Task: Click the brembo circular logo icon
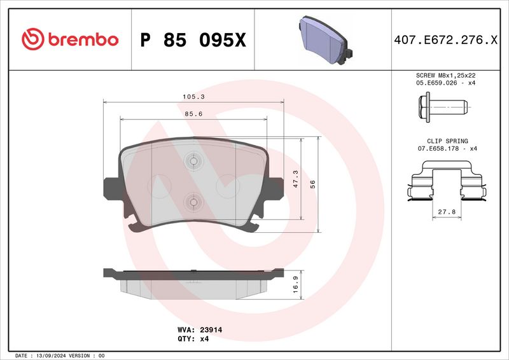(x=31, y=39)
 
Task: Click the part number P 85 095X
(x=192, y=40)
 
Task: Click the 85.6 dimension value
(x=193, y=114)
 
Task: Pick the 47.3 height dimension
(x=295, y=179)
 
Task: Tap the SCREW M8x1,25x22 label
(x=446, y=75)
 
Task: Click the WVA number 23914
(x=209, y=331)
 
